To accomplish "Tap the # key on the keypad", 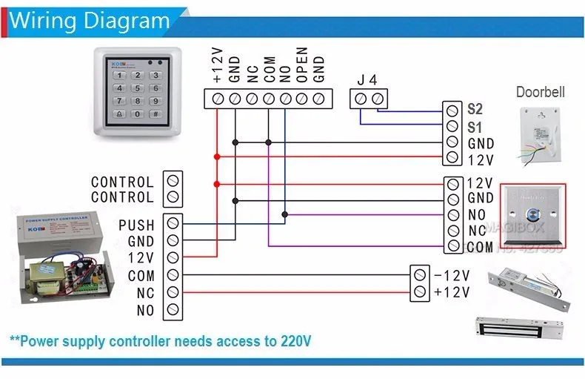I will click(155, 114).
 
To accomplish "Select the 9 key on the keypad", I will click(155, 101).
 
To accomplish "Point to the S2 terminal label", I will click(475, 109).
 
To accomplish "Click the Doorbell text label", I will click(540, 93).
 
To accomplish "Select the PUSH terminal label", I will click(136, 225).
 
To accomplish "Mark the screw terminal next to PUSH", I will click(173, 223).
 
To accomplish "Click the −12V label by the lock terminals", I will click(452, 275).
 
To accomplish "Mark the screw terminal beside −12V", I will click(419, 274).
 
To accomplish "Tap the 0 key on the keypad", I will click(137, 114).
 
